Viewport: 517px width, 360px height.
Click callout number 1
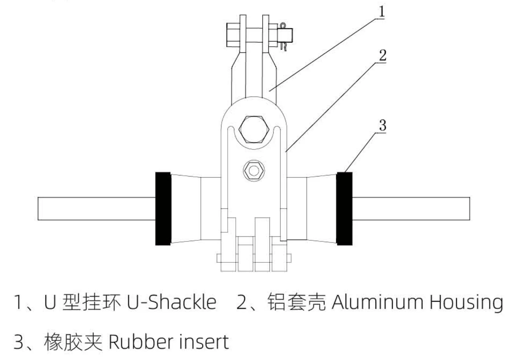point(382,11)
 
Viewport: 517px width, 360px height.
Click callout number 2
point(382,55)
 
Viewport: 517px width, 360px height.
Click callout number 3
point(382,126)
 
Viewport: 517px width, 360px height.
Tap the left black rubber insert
point(163,208)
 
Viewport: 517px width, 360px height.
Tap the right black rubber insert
point(344,208)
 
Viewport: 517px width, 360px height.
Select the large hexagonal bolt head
point(253,129)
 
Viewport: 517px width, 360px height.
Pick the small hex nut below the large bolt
point(253,170)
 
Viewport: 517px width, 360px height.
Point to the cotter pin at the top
point(283,36)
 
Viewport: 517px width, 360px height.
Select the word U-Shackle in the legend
point(172,302)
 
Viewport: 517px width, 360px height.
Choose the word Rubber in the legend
point(141,342)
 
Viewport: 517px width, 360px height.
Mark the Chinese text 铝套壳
point(296,302)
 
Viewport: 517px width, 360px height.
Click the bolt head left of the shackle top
point(233,35)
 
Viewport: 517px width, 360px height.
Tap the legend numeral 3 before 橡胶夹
point(18,342)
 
